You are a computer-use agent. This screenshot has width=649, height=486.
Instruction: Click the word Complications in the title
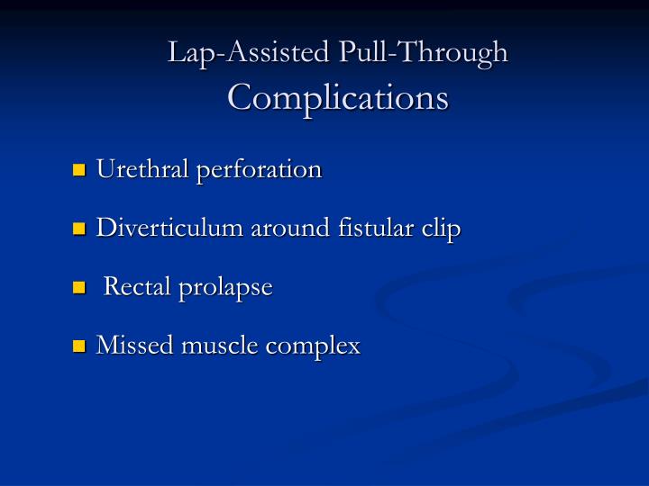coord(338,97)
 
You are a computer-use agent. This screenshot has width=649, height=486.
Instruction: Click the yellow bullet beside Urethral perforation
coord(78,169)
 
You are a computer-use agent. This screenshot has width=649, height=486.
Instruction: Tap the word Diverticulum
coord(170,228)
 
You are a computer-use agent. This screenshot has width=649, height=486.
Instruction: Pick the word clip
coord(442,228)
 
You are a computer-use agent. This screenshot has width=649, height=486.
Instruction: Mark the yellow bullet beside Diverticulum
coord(78,229)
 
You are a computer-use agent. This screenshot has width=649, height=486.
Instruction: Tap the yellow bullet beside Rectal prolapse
coord(78,288)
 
